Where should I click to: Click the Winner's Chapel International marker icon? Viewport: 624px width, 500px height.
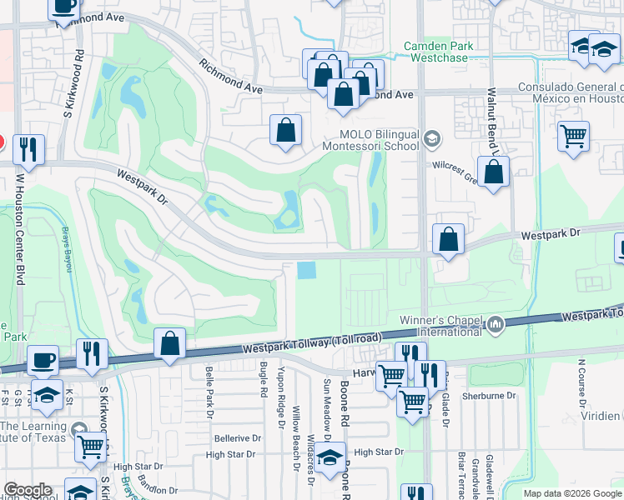point(496,322)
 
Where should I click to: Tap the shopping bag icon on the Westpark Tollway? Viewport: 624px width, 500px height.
point(169,343)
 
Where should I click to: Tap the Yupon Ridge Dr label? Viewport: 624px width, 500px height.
point(282,392)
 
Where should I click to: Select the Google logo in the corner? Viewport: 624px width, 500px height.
point(28,490)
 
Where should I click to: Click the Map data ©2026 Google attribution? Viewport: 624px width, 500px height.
point(572,493)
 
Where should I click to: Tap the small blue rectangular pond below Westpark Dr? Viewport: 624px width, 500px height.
point(306,271)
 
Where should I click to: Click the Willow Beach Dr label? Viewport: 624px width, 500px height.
point(296,430)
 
